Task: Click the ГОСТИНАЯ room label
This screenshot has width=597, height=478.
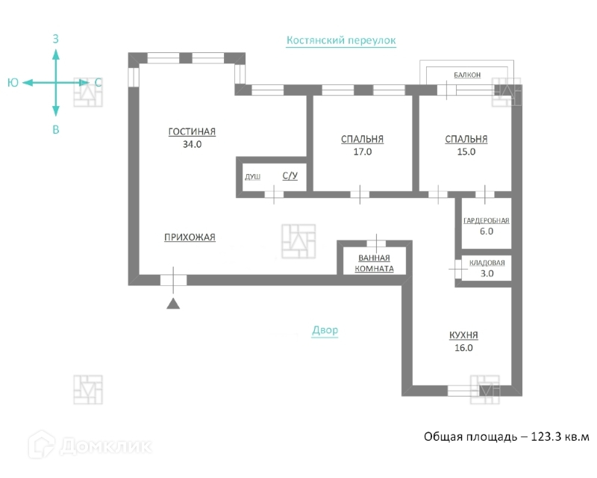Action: (192, 131)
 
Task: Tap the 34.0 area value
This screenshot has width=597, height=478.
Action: (192, 145)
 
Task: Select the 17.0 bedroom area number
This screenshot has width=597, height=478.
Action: (362, 152)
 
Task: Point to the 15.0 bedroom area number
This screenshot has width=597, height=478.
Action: (466, 152)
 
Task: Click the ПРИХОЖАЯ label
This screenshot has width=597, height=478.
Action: (190, 238)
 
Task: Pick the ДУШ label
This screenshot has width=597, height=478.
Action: (252, 177)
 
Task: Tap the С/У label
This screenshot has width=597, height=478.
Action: (290, 176)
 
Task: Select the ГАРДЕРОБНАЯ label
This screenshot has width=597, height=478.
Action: (486, 220)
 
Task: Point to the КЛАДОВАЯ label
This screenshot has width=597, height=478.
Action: (487, 263)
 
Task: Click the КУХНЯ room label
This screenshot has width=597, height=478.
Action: (463, 335)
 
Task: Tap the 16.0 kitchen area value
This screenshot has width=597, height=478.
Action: (463, 347)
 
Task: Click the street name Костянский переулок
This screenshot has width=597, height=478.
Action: (341, 40)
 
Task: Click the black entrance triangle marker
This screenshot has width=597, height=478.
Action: (173, 302)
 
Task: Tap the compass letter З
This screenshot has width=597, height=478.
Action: (56, 37)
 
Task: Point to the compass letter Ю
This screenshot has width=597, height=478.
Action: (13, 83)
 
